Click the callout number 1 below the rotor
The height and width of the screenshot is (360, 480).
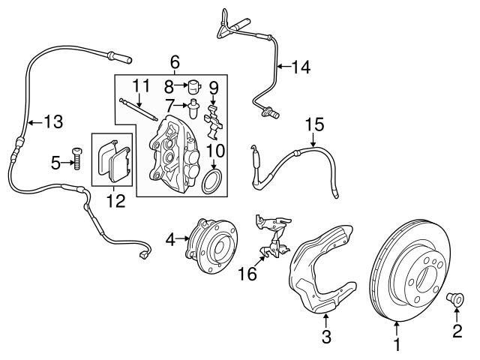[x=397, y=346]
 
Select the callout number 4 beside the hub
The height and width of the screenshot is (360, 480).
[x=170, y=240]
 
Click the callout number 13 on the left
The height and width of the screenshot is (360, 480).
[x=53, y=121]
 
